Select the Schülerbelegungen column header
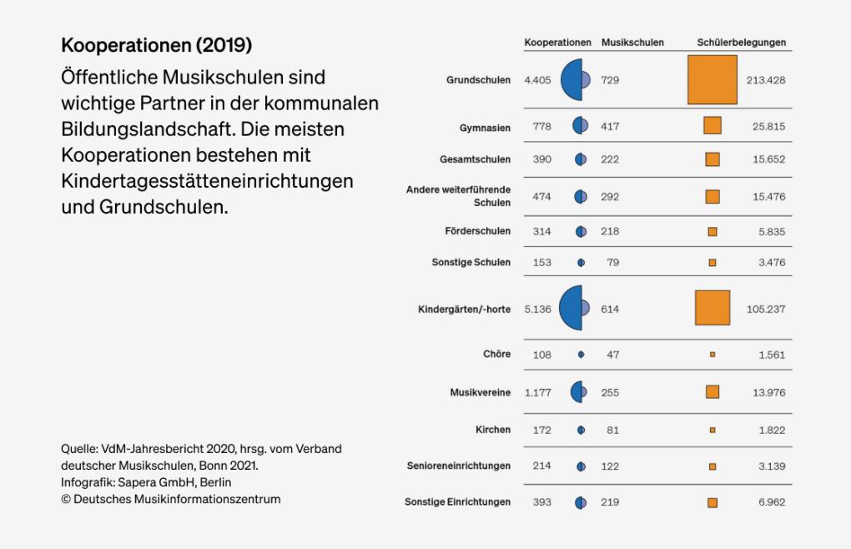tap(741, 43)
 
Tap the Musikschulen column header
tap(632, 43)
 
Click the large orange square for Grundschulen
tap(712, 80)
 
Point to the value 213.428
tap(765, 81)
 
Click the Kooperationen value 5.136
tap(538, 309)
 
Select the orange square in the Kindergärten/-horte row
tap(712, 308)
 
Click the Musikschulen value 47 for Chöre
tap(613, 355)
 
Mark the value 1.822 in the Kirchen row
tap(771, 431)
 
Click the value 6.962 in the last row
tap(771, 503)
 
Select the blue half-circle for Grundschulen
tap(573, 80)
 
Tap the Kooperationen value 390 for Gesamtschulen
tap(541, 159)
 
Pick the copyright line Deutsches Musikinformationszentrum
tap(170, 499)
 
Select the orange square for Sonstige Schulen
tap(712, 263)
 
